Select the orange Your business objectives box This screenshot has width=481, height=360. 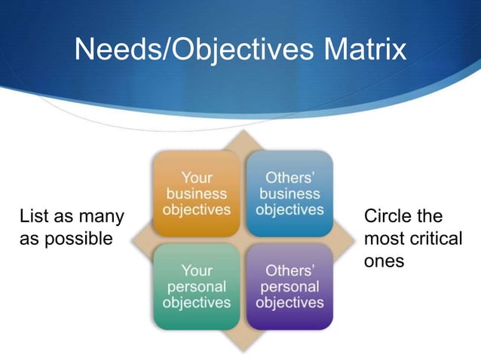point(197,194)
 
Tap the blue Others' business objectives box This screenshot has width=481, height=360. point(290,194)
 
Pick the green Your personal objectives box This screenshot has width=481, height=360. point(197,286)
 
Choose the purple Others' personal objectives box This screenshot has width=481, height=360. point(290,286)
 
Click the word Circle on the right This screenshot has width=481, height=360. point(387,217)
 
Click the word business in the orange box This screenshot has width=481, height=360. point(197,194)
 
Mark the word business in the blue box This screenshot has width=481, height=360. point(290,194)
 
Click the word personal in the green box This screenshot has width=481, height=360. point(197,286)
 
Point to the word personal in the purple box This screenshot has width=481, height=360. point(290,286)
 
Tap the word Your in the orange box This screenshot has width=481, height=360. point(197,178)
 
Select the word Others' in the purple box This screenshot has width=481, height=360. point(290,270)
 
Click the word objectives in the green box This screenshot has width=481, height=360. point(197,303)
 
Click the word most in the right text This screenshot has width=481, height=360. point(382,239)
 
